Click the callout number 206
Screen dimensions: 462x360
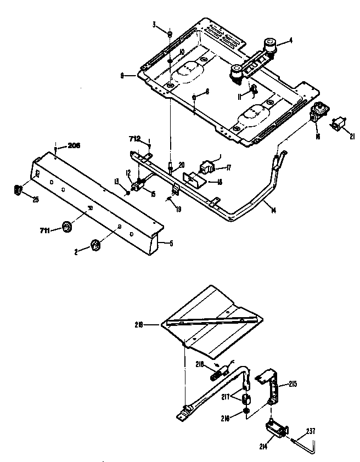pyautogui.click(x=74, y=145)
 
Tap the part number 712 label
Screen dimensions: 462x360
pyautogui.click(x=135, y=139)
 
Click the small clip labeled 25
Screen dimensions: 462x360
pyautogui.click(x=17, y=190)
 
